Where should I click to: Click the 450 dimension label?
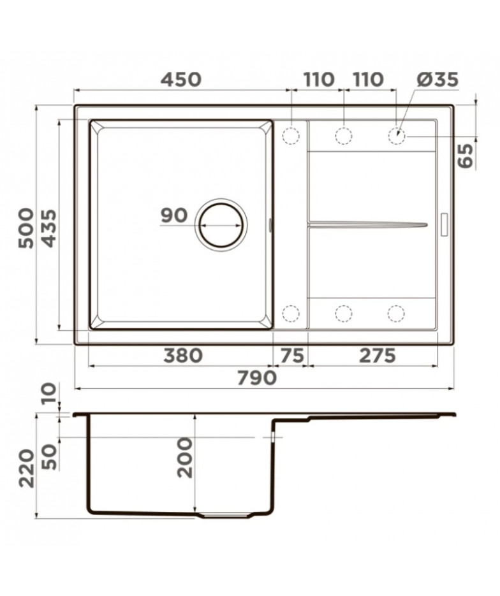(180, 80)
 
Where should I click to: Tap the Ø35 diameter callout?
(437, 80)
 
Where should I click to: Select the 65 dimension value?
(466, 155)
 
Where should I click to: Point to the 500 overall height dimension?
(26, 228)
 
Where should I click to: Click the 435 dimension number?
(48, 228)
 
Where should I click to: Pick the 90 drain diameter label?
(174, 215)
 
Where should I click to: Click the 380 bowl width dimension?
(183, 356)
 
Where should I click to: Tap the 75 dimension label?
(292, 356)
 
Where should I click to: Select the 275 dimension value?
(377, 356)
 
